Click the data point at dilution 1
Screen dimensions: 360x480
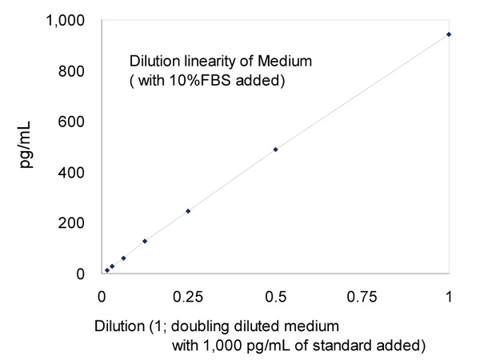point(449,34)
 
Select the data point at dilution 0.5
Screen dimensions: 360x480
point(275,150)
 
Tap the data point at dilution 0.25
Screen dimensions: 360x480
point(188,211)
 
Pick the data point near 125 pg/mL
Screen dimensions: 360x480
point(145,241)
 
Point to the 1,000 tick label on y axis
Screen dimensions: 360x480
point(61,21)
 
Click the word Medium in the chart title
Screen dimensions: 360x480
point(269,61)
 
